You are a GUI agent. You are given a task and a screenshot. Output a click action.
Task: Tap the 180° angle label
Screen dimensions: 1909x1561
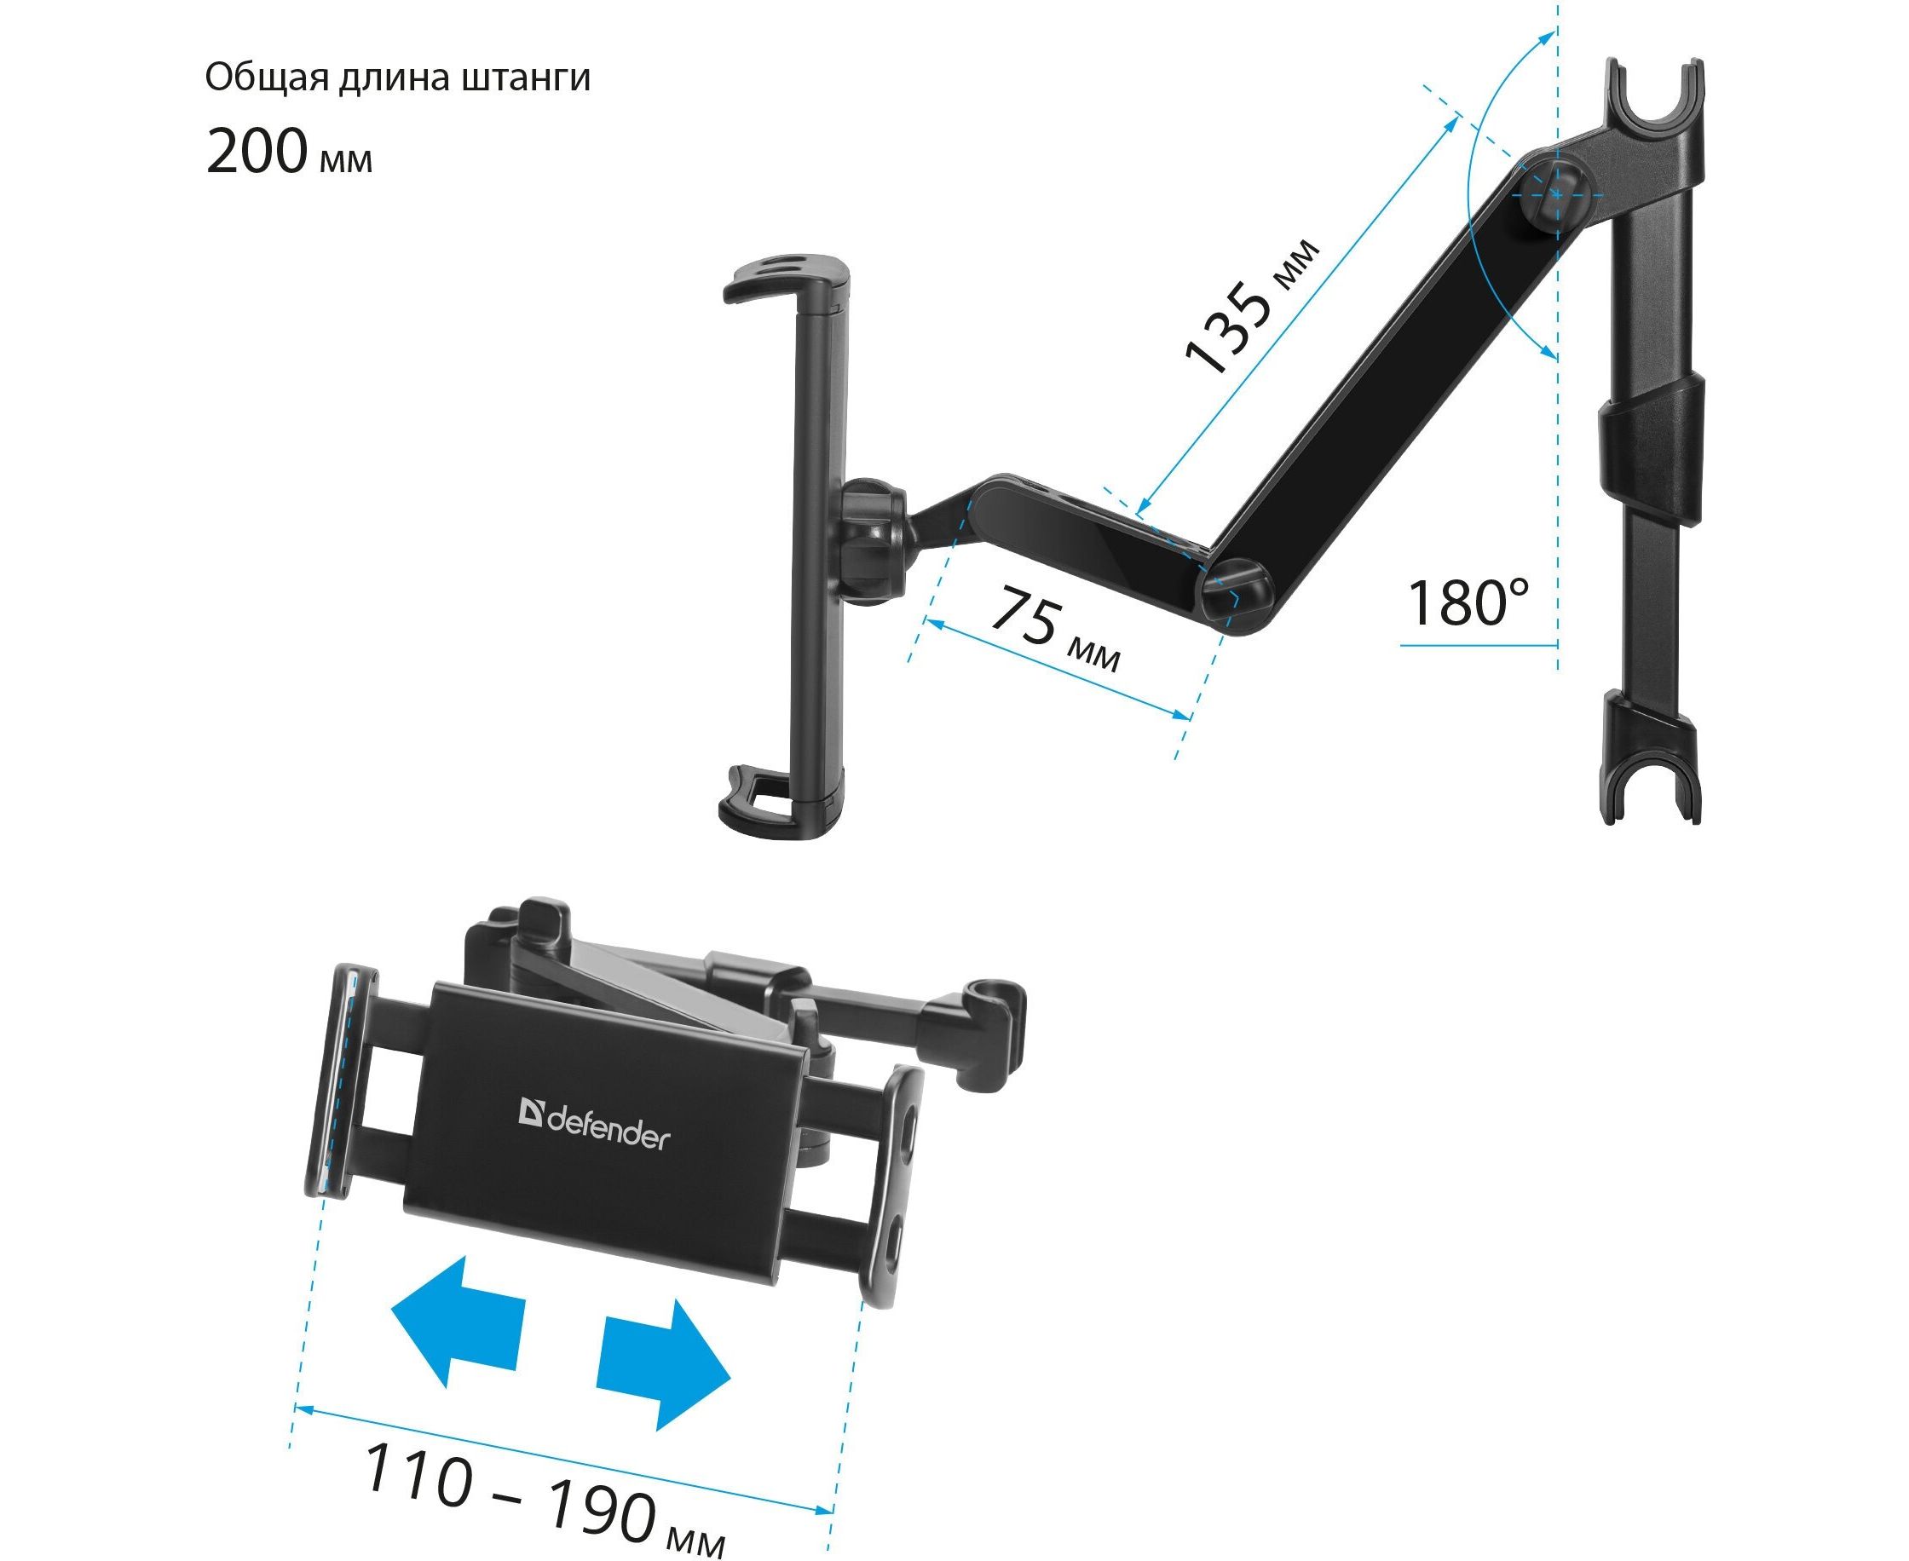[x=1467, y=602]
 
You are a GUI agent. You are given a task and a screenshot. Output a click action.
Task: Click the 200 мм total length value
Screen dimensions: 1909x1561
[x=289, y=150]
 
